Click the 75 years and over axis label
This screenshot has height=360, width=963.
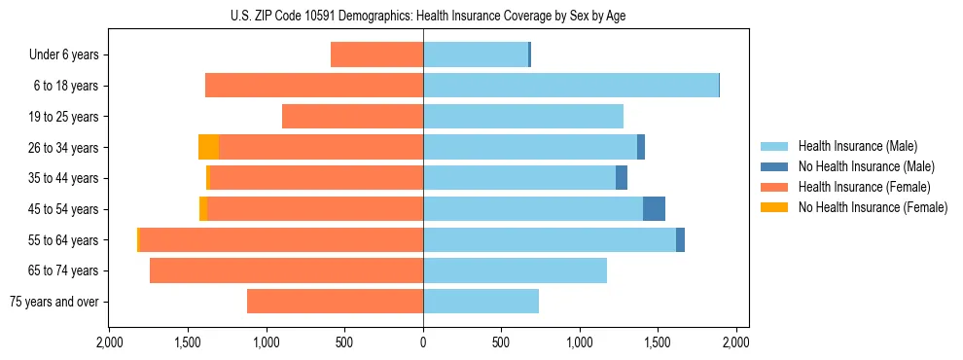point(53,302)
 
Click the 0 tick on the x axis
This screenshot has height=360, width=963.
point(423,343)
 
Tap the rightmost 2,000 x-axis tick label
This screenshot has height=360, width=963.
point(736,343)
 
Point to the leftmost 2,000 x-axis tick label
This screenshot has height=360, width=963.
point(110,343)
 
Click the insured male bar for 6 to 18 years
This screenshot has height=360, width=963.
point(570,86)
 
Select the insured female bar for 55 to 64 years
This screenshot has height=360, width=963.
point(281,239)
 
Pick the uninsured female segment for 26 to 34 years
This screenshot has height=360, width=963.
point(208,147)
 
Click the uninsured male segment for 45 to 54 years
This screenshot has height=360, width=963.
point(654,209)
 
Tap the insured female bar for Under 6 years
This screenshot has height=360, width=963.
point(376,54)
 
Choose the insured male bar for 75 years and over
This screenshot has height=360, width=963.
point(481,301)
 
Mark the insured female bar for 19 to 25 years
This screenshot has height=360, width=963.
point(352,117)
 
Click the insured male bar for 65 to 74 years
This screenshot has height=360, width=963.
point(515,270)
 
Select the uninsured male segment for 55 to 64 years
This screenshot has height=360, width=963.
point(680,239)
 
